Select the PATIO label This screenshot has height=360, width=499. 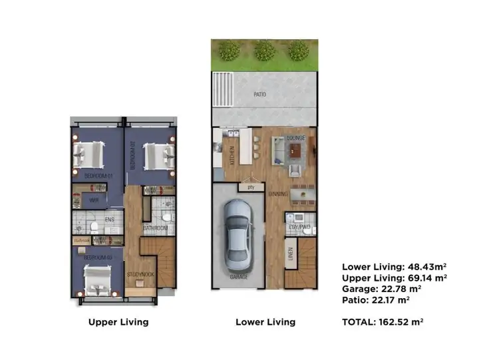259,95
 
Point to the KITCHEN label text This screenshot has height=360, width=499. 232,154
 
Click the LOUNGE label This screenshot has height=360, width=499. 295,138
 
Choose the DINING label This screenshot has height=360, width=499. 278,194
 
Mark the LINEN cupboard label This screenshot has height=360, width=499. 290,255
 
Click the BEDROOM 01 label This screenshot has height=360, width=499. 98,176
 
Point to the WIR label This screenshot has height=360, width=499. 94,199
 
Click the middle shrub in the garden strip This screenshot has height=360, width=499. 265,50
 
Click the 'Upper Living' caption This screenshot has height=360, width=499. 118,322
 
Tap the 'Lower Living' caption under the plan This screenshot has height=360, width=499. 265,322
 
